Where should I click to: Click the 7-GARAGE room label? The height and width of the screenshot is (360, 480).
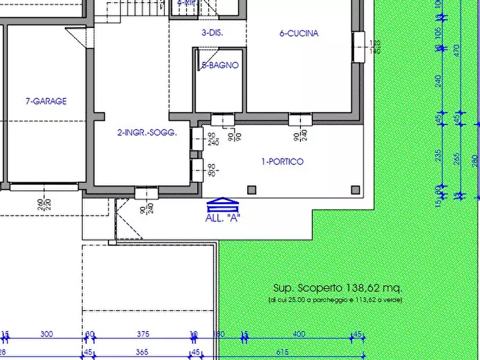(46, 101)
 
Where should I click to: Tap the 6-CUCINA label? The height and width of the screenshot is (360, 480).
(299, 33)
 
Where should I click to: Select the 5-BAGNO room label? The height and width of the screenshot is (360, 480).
(220, 66)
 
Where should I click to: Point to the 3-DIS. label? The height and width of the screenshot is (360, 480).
(212, 33)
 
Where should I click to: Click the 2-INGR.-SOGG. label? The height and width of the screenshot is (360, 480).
(147, 132)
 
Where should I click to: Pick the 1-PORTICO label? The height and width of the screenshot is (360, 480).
(282, 161)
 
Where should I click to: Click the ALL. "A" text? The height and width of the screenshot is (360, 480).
(223, 218)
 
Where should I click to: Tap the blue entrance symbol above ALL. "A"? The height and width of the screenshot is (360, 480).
(222, 205)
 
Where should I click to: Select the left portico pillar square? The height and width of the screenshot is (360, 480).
(252, 189)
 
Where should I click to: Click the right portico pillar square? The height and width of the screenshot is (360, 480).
(355, 189)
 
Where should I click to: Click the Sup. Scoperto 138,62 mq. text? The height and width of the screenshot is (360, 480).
(338, 288)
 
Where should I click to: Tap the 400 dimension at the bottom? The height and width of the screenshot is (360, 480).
(299, 334)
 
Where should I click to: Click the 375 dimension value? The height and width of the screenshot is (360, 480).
(143, 334)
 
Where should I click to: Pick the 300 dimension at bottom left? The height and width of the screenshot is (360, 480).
(47, 334)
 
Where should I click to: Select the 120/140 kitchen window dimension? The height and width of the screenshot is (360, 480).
(375, 47)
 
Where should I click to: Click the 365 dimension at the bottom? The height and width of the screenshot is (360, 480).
(141, 352)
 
